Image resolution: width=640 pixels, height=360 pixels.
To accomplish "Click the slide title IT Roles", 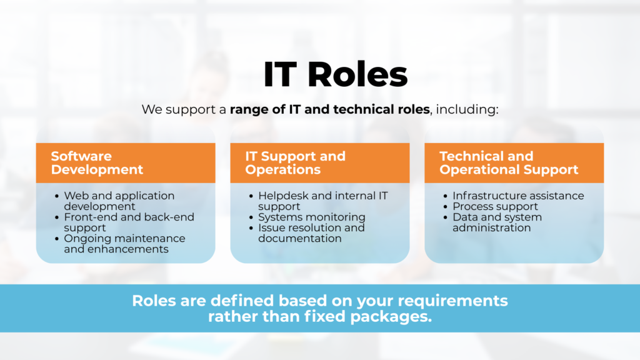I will (x=335, y=75).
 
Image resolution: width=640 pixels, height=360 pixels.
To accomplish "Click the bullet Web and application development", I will (x=119, y=201).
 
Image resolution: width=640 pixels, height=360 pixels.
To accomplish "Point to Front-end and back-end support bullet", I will (x=128, y=222).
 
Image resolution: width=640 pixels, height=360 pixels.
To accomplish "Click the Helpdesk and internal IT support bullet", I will (x=322, y=201).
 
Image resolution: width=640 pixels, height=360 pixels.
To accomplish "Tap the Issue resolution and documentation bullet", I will (x=311, y=232).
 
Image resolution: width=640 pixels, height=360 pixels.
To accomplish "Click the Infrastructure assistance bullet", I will (x=518, y=196).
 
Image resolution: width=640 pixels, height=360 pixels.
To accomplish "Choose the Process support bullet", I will (x=496, y=206).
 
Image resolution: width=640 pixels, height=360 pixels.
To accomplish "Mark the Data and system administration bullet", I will (x=497, y=222).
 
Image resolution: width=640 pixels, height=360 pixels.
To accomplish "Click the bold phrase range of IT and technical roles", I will (x=329, y=110).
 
